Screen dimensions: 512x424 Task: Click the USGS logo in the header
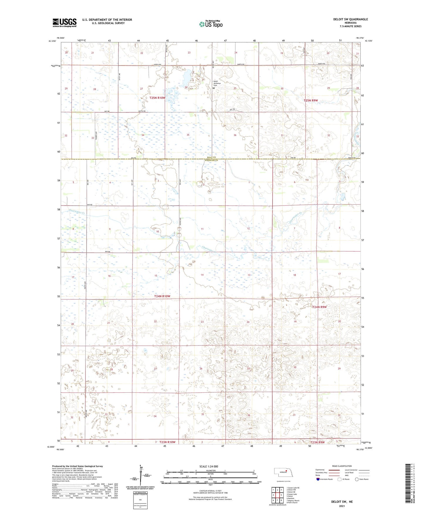coord(64,23)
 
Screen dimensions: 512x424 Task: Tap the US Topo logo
coord(210,24)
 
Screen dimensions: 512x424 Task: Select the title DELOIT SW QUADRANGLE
coord(350,19)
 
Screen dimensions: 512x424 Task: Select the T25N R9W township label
coord(311,100)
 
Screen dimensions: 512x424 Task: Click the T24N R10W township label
coord(162,296)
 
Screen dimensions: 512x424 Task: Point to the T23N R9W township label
coord(317,442)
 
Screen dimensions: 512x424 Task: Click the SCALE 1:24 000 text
coord(209,466)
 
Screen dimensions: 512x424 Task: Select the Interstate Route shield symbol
coord(318,479)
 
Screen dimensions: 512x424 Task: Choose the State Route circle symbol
coord(357,479)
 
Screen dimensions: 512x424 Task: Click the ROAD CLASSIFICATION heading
coord(342,466)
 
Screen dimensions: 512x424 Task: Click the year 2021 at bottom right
coord(342,506)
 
